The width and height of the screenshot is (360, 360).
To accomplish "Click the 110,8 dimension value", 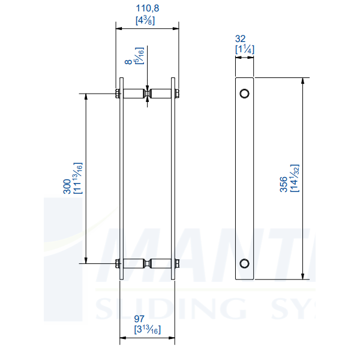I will pyautogui.click(x=147, y=9).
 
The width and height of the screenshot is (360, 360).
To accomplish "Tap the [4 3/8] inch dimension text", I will pyautogui.click(x=147, y=20).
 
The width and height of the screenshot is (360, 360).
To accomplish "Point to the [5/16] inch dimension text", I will pyautogui.click(x=140, y=56).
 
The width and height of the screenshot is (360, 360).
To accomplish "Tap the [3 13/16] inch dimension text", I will pyautogui.click(x=147, y=329).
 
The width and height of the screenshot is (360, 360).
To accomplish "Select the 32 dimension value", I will pyautogui.click(x=244, y=38).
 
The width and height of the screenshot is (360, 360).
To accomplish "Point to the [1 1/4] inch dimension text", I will pyautogui.click(x=244, y=49).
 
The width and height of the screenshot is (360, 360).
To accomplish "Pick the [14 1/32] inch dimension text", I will pyautogui.click(x=294, y=178).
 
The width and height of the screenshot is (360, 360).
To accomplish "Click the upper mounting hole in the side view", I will pyautogui.click(x=244, y=93).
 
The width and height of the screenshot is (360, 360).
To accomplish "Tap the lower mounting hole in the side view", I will pyautogui.click(x=244, y=263).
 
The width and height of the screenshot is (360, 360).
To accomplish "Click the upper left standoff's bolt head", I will pyautogui.click(x=115, y=94).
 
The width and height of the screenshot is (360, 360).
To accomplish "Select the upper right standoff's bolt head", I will pyautogui.click(x=178, y=94).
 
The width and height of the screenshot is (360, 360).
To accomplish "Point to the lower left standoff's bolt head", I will pyautogui.click(x=115, y=263).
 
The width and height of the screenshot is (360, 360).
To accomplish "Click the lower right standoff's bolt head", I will pyautogui.click(x=178, y=263).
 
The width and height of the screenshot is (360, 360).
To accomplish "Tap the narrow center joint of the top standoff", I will pyautogui.click(x=147, y=94).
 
